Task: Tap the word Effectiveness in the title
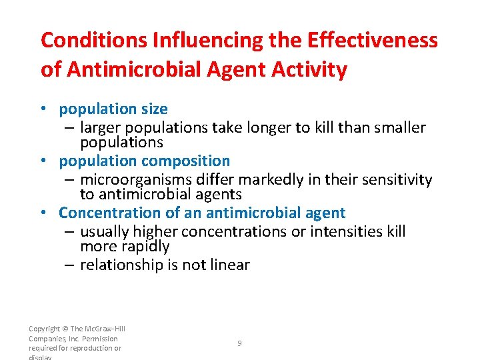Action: point(373,40)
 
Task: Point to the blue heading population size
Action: point(113,109)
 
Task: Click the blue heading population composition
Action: point(144,161)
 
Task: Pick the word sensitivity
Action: point(396,179)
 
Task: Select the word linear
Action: point(227,265)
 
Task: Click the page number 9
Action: point(240,343)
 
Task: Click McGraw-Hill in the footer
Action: point(102,329)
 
